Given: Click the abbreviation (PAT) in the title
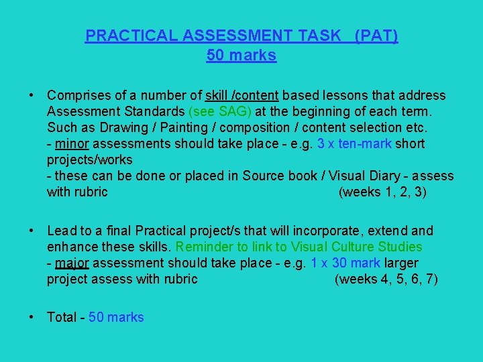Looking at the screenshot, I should pyautogui.click(x=376, y=36).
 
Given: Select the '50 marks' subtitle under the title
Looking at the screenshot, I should pyautogui.click(x=241, y=56).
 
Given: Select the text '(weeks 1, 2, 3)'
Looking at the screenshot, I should pyautogui.click(x=383, y=192).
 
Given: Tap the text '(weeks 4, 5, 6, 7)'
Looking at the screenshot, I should pyautogui.click(x=386, y=279).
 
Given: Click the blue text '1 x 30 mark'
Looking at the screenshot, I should pyautogui.click(x=346, y=263).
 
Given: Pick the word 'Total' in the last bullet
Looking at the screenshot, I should pyautogui.click(x=61, y=317).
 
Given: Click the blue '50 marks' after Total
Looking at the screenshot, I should pyautogui.click(x=116, y=317).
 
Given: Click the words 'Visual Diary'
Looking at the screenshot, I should pyautogui.click(x=362, y=176).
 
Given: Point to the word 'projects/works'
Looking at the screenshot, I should pyautogui.click(x=89, y=160).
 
